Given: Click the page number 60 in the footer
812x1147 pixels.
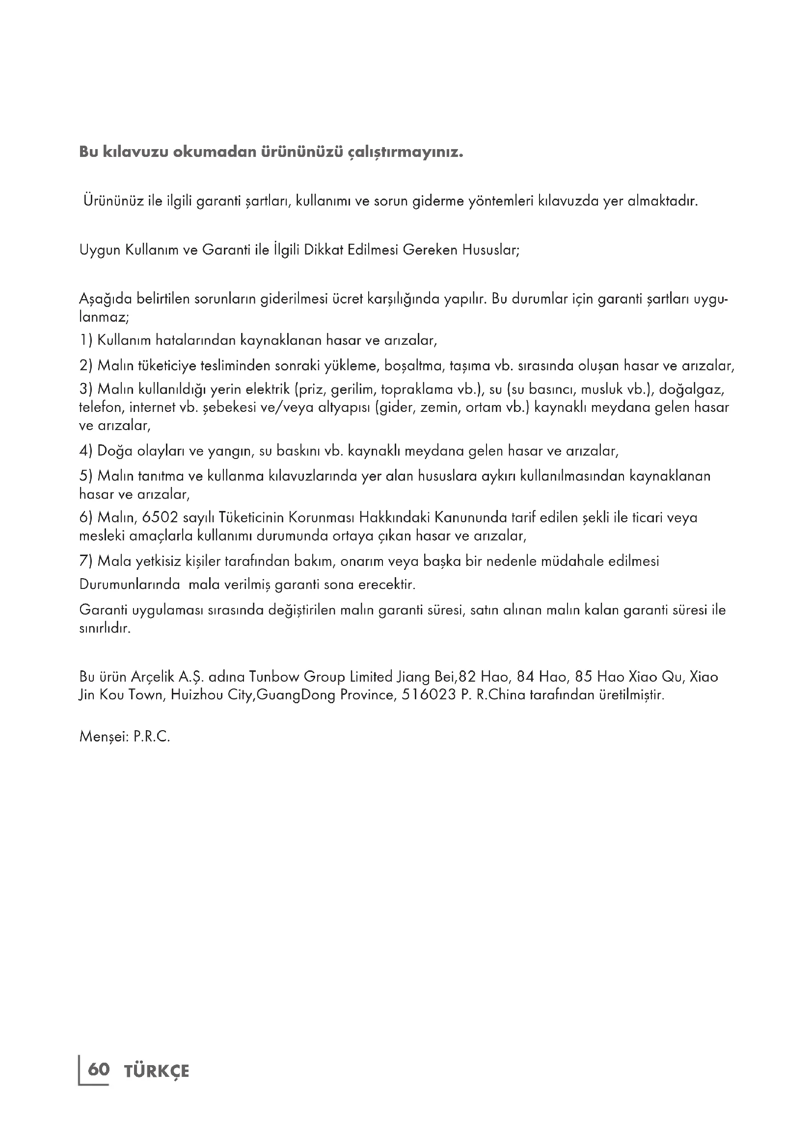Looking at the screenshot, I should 99,1070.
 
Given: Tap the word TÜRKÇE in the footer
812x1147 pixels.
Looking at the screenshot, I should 157,1071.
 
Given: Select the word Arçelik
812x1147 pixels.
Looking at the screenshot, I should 153,678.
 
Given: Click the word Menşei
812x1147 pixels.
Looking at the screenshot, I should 102,738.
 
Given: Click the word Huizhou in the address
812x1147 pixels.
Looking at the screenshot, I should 197,695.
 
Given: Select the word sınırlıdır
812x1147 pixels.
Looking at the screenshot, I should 105,628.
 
